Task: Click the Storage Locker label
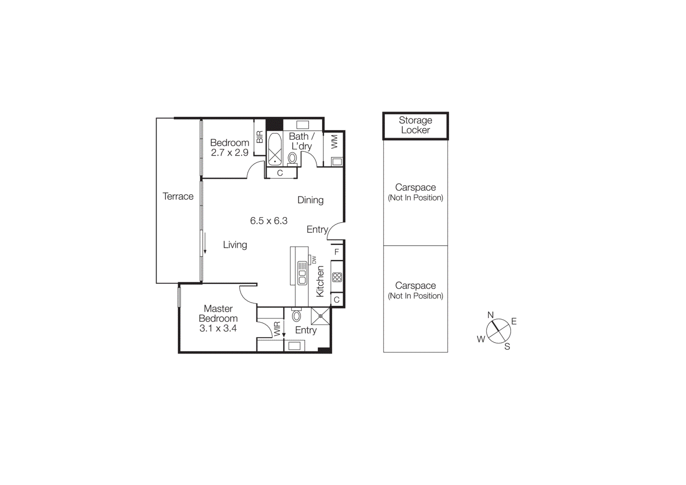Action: (x=415, y=125)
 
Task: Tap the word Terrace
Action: (x=178, y=196)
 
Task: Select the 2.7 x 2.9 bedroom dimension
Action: (x=229, y=153)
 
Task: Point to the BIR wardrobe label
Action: (x=259, y=137)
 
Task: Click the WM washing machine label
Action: (x=334, y=142)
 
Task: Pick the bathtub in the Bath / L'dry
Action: (x=274, y=149)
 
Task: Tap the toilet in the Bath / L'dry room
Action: (x=292, y=158)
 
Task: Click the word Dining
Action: (x=310, y=200)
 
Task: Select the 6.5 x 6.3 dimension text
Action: (x=269, y=221)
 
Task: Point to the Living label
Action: (x=235, y=245)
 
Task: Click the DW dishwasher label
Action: (x=314, y=260)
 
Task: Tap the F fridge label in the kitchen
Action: (x=337, y=252)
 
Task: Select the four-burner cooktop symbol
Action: (x=337, y=277)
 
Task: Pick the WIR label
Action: (x=277, y=328)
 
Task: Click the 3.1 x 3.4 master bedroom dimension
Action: (x=218, y=328)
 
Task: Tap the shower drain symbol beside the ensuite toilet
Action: (x=320, y=316)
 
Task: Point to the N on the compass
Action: (x=490, y=315)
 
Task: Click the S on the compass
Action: (x=507, y=346)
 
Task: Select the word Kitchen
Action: (x=320, y=281)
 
